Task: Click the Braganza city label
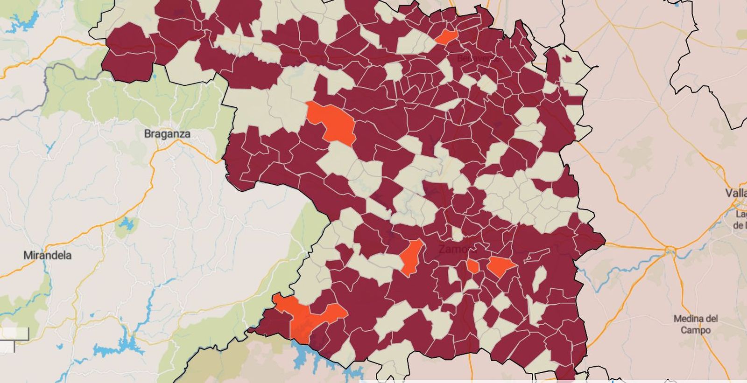(167, 134)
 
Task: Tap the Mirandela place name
(48, 255)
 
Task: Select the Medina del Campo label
(695, 324)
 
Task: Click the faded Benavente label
(477, 58)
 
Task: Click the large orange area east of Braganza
(332, 121)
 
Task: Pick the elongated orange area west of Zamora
(411, 257)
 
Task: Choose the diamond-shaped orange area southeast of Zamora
(500, 266)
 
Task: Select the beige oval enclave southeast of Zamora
(540, 278)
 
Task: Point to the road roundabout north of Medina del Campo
(670, 251)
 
